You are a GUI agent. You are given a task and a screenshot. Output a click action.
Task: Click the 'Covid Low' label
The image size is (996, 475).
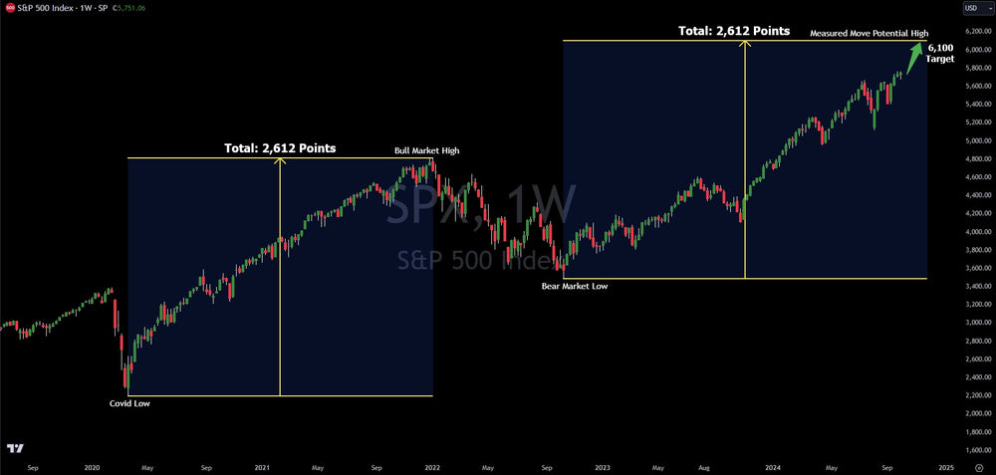129,403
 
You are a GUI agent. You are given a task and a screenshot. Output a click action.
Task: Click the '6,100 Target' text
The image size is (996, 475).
939,53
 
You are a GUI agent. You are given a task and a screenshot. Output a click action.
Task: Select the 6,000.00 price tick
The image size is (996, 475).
971,49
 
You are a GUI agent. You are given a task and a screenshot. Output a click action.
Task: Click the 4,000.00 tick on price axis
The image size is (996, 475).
971,232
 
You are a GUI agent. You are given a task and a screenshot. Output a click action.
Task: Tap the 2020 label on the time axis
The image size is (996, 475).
92,466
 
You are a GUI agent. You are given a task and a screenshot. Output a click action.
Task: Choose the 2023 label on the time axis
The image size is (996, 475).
601,466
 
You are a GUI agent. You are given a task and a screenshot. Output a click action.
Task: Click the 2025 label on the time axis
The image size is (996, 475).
946,466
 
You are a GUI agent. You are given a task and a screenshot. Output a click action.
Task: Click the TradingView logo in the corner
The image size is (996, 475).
14,449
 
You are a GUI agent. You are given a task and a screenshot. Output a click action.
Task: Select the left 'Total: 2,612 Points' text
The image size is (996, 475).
279,148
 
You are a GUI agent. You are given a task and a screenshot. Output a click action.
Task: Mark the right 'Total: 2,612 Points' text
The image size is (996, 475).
734,31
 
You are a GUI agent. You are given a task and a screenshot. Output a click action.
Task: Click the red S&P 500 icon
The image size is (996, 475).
8,7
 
